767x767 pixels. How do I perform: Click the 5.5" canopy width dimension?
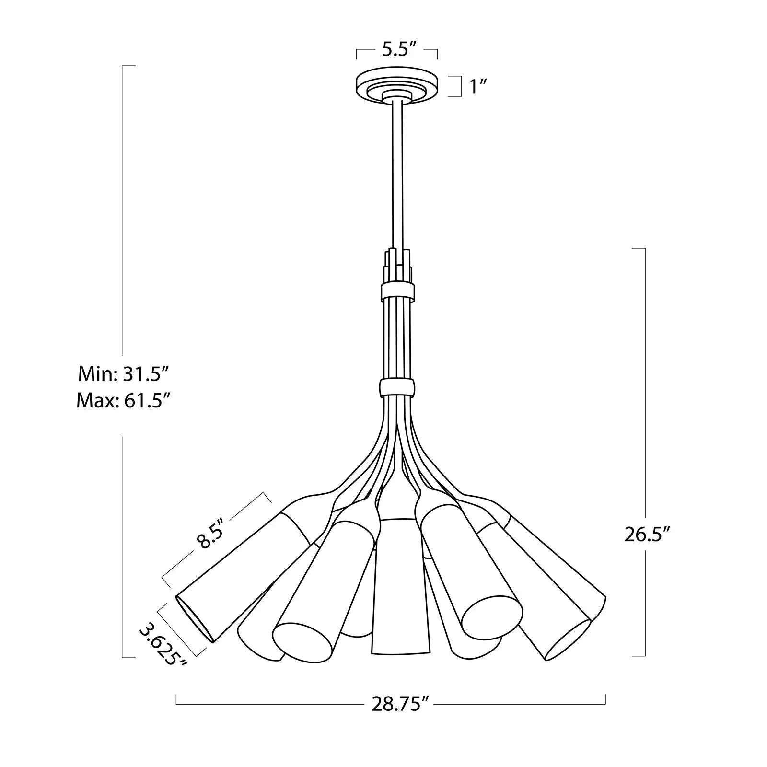coord(397,50)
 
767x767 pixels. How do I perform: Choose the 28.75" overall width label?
coord(399,704)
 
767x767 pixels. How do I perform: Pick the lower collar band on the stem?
coord(397,388)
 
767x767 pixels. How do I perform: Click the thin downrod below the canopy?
coord(397,173)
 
